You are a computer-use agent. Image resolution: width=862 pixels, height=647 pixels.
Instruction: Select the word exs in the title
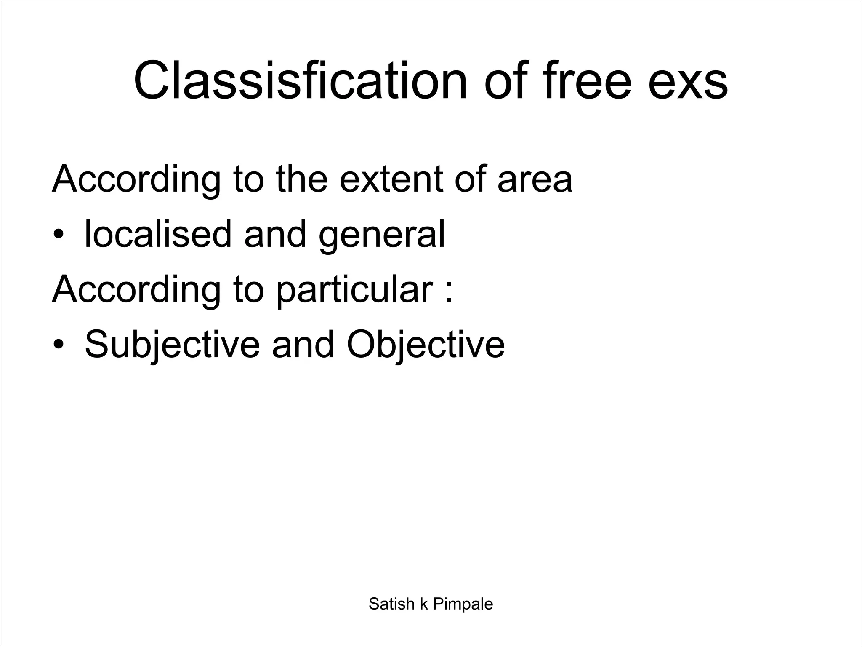[688, 81]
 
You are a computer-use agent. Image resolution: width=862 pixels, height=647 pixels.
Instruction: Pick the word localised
[158, 234]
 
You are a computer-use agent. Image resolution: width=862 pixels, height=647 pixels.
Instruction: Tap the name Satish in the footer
[391, 604]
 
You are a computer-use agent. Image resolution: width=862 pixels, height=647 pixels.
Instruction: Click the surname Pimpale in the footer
[463, 604]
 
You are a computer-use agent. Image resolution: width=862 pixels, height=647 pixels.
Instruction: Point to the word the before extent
[301, 179]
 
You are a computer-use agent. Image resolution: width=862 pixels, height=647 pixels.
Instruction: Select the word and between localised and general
[275, 234]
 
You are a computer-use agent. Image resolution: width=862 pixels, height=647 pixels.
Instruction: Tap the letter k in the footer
[424, 604]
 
